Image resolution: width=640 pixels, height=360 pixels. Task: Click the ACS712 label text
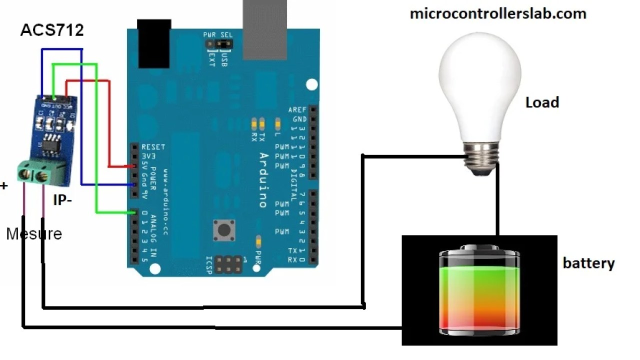(x=51, y=30)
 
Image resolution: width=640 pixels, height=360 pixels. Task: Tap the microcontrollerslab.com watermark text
(x=497, y=13)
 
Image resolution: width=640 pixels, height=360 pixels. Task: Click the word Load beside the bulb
(x=542, y=102)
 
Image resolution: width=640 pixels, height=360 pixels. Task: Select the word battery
(x=588, y=263)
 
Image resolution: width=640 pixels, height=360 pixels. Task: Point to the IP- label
(x=62, y=200)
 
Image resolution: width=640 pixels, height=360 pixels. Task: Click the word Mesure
(x=34, y=233)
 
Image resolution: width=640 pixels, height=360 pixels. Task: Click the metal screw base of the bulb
(x=481, y=155)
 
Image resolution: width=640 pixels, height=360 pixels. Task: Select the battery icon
(x=478, y=290)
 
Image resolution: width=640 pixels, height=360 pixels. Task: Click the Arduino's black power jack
(x=153, y=44)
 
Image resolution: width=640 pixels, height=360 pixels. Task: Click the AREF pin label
(x=297, y=109)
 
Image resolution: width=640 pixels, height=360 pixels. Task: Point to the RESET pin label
(x=153, y=147)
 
